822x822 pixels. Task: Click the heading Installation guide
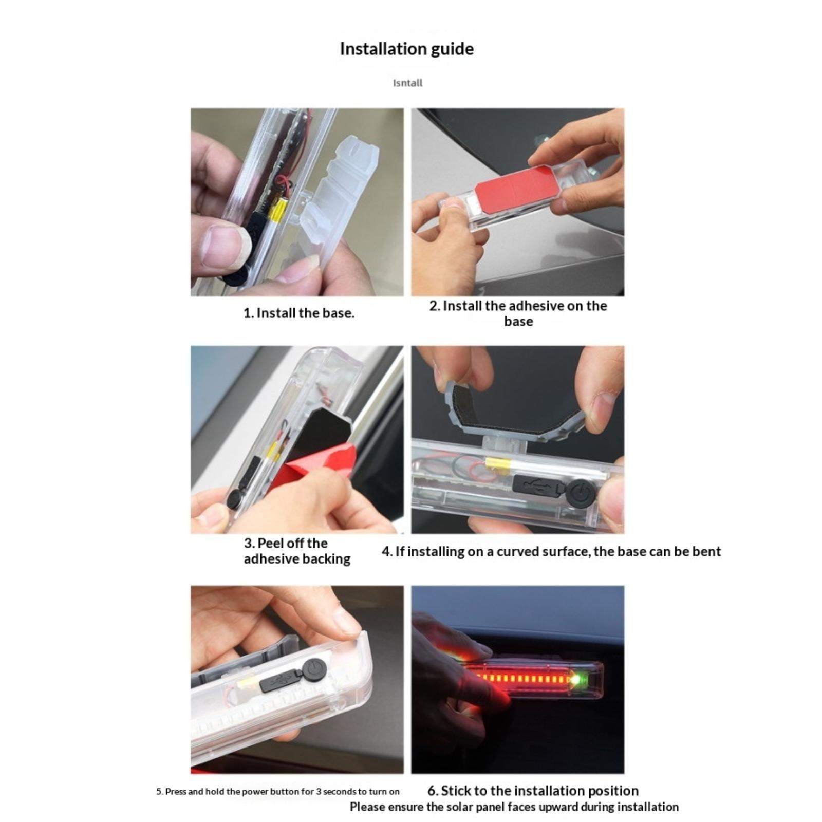pos(406,49)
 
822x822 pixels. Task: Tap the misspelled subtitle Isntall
pos(407,83)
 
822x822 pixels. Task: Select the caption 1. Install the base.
pos(298,313)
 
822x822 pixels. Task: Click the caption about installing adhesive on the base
pos(518,313)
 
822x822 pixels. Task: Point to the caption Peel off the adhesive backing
pos(297,551)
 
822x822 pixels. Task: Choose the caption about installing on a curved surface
pos(551,552)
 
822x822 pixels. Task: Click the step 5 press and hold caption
pos(278,792)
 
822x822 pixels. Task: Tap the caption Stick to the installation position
pos(533,790)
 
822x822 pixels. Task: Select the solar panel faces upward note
pos(514,807)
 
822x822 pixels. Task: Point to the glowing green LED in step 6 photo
pos(575,680)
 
